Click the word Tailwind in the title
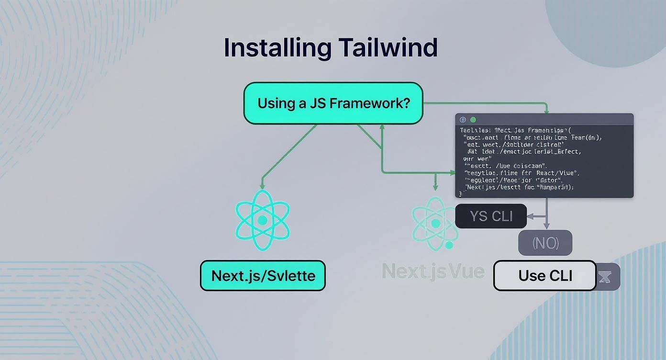388,47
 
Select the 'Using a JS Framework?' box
333,103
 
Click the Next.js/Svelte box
263,276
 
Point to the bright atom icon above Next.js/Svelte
262,220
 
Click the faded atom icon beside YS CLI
435,223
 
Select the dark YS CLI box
491,216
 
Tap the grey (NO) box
545,243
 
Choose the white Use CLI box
545,276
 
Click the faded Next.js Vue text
433,271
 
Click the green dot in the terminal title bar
473,120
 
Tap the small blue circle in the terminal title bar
463,120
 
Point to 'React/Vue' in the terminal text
561,172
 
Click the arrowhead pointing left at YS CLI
529,216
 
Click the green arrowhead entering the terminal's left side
452,172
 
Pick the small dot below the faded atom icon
449,245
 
